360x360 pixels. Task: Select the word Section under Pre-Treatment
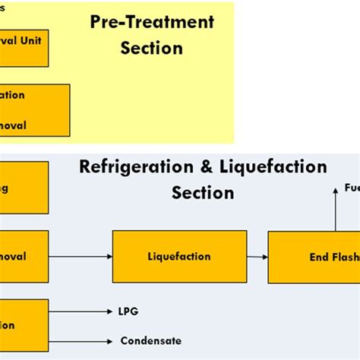click(x=152, y=49)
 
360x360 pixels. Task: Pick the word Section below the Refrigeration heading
click(x=203, y=193)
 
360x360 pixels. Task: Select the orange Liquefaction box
click(x=179, y=257)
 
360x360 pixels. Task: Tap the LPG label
click(x=129, y=311)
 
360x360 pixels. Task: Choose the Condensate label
click(x=151, y=341)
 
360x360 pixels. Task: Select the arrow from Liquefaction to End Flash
click(x=257, y=257)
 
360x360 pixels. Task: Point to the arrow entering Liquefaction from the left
click(x=80, y=257)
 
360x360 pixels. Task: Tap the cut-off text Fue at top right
click(x=352, y=188)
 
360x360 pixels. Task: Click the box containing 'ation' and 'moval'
click(x=34, y=110)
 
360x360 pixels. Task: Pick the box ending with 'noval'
click(x=24, y=257)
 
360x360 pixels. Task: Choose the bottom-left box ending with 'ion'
click(x=24, y=325)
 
